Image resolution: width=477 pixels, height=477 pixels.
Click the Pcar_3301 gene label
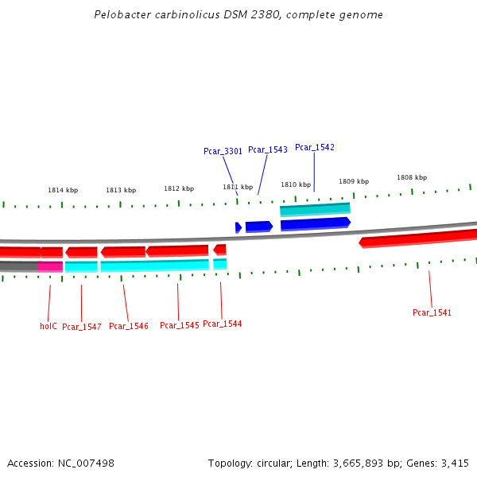click(223, 151)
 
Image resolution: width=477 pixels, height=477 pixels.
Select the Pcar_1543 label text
click(267, 149)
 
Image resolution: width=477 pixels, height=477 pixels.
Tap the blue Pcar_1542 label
click(315, 147)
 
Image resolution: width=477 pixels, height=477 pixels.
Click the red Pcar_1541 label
click(432, 312)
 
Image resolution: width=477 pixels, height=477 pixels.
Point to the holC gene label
click(48, 326)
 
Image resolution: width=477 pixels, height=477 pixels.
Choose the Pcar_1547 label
click(82, 327)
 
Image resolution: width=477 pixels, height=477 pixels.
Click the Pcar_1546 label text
click(129, 326)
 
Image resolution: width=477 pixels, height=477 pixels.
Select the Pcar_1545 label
click(180, 325)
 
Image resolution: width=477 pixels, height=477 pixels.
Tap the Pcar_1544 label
click(223, 324)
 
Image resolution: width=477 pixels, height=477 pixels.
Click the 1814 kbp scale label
click(63, 190)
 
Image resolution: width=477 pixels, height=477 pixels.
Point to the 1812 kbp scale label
click(179, 188)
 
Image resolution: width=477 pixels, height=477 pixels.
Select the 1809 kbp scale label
click(354, 181)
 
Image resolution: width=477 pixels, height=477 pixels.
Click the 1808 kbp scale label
click(412, 177)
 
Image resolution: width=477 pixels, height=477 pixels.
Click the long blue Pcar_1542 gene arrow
click(315, 223)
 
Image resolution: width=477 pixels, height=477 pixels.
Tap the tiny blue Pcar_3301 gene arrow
click(238, 227)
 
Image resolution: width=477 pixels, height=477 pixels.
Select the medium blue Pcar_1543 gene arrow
click(258, 227)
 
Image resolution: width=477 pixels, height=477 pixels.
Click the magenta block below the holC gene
click(50, 266)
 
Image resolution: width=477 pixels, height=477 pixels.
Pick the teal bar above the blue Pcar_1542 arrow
click(315, 210)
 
